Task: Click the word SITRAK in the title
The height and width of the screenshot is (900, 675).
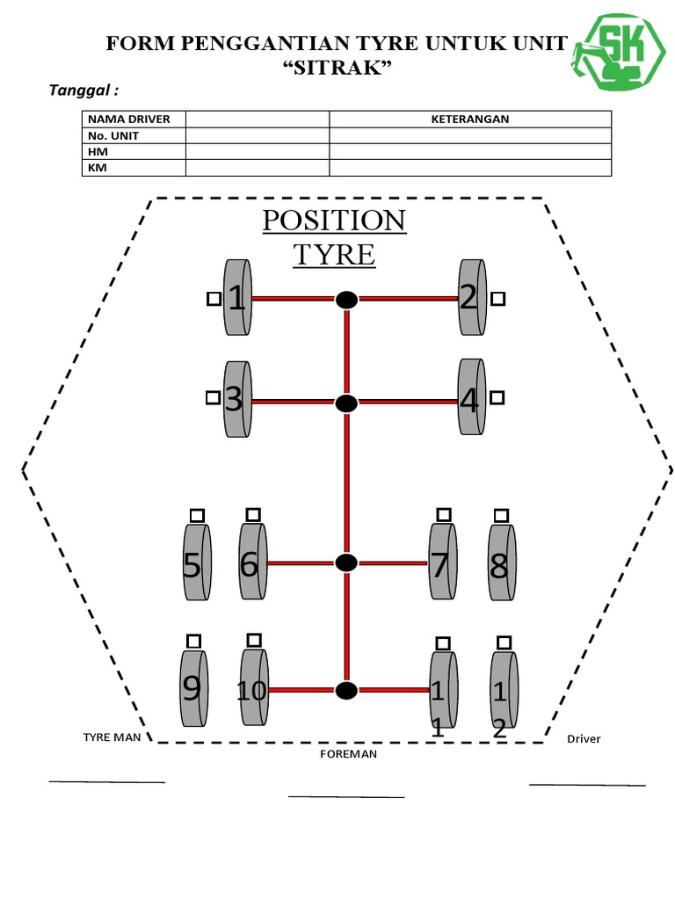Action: coord(335,68)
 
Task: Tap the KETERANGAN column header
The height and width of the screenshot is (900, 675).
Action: coord(470,120)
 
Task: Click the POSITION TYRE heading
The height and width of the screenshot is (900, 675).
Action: coord(334,237)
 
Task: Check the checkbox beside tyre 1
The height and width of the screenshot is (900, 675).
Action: coord(213,300)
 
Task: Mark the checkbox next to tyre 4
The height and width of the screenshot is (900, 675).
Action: coord(498,397)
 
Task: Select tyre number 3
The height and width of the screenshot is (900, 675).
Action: coord(235,400)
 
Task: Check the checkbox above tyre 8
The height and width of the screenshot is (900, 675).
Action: coord(500,515)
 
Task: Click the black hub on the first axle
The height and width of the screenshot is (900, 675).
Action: coord(347,301)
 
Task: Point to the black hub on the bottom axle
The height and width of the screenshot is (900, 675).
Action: coord(347,691)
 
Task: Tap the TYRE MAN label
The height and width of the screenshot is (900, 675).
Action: coord(112,737)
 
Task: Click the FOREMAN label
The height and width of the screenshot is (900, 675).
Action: coord(349,754)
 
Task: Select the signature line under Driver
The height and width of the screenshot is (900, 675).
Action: coord(587,783)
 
